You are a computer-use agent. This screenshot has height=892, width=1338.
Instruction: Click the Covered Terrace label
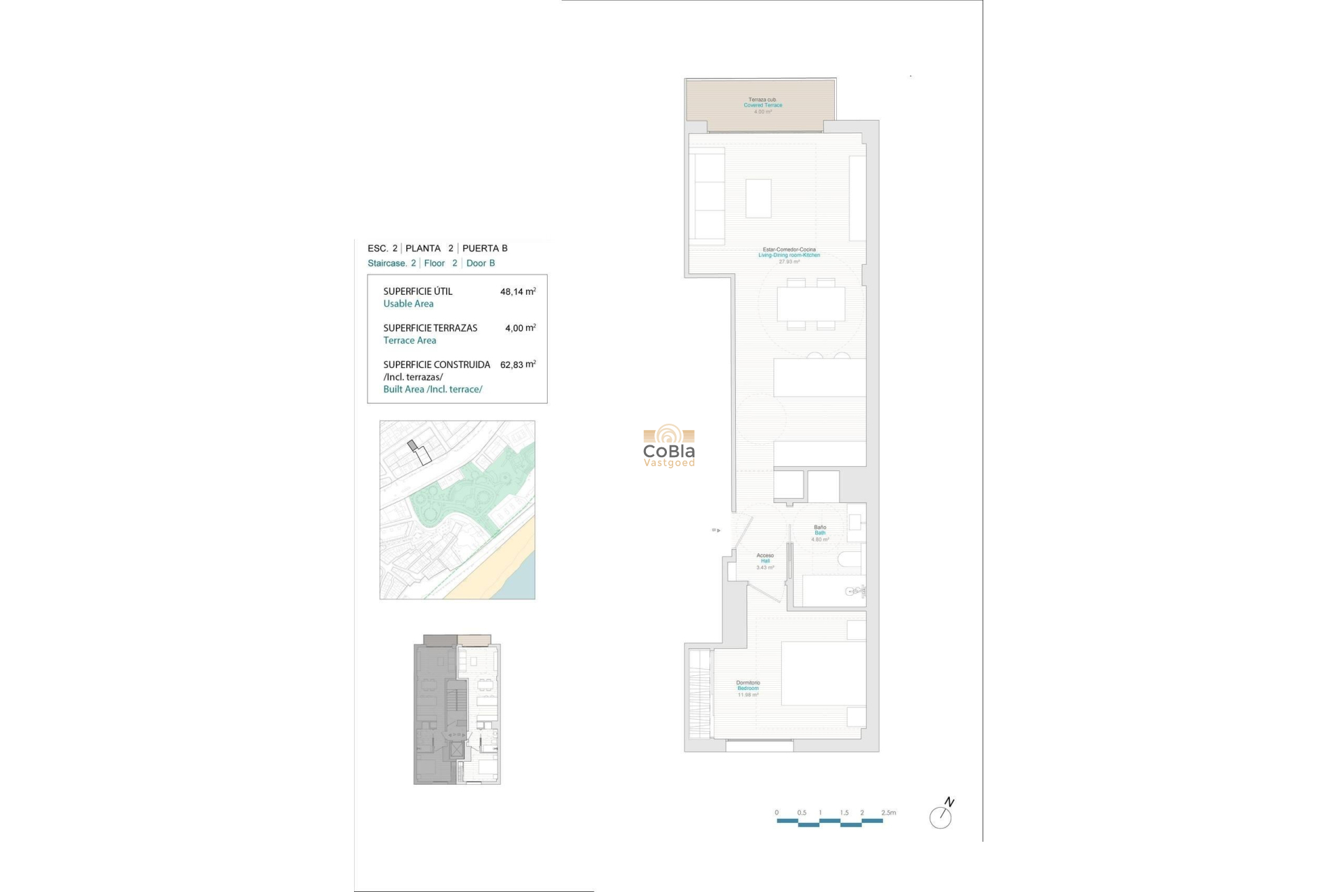pyautogui.click(x=762, y=105)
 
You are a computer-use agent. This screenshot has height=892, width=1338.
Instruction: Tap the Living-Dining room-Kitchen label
pyautogui.click(x=789, y=255)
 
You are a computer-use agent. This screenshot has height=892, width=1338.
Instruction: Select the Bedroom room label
pyautogui.click(x=748, y=689)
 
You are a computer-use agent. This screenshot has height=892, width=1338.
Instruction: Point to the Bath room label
pyautogui.click(x=820, y=533)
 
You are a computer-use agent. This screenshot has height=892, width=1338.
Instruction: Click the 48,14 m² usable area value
pyautogui.click(x=518, y=292)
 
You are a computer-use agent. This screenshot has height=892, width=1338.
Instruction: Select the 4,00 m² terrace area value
pyautogui.click(x=520, y=328)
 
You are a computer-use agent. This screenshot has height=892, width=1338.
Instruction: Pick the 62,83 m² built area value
pyautogui.click(x=518, y=364)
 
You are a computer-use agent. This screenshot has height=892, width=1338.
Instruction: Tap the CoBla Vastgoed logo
pyautogui.click(x=669, y=446)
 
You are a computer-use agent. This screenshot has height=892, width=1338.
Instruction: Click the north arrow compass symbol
pyautogui.click(x=941, y=815)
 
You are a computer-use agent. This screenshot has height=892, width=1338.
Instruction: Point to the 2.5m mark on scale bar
pyautogui.click(x=889, y=813)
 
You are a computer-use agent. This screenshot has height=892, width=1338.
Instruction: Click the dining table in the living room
pyautogui.click(x=810, y=304)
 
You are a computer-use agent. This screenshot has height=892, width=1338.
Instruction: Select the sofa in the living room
pyautogui.click(x=707, y=197)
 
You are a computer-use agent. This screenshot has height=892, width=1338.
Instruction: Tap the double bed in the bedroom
pyautogui.click(x=823, y=673)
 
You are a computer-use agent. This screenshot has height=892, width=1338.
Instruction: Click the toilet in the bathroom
pyautogui.click(x=850, y=560)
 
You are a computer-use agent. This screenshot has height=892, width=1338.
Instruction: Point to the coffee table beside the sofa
pyautogui.click(x=758, y=198)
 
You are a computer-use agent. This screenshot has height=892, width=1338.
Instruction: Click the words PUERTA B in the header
pyautogui.click(x=485, y=248)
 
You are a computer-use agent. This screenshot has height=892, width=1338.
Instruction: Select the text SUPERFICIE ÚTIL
pyautogui.click(x=417, y=291)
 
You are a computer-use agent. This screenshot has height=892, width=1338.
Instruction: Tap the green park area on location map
pyautogui.click(x=460, y=495)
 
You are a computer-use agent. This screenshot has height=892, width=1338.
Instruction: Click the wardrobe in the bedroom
pyautogui.click(x=700, y=693)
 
